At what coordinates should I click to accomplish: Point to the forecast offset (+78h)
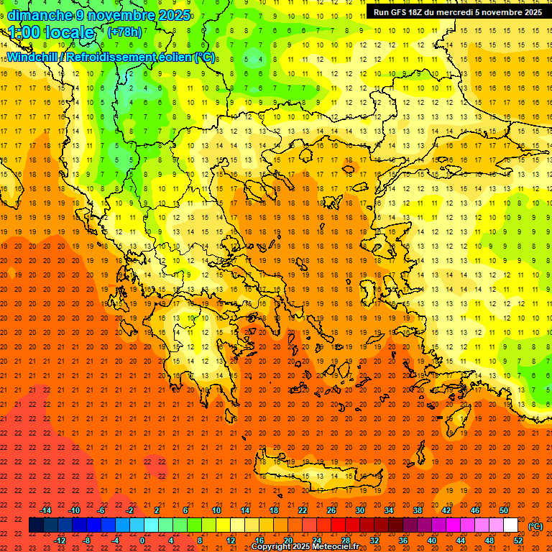click(124, 32)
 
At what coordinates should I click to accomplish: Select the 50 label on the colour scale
click(503, 510)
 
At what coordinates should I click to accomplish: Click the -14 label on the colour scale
click(45, 510)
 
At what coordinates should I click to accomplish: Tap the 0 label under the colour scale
click(142, 540)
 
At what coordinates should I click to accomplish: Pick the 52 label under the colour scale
click(517, 540)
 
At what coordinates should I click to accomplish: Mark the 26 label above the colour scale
click(331, 510)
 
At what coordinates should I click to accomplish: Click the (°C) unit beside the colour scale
click(535, 526)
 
